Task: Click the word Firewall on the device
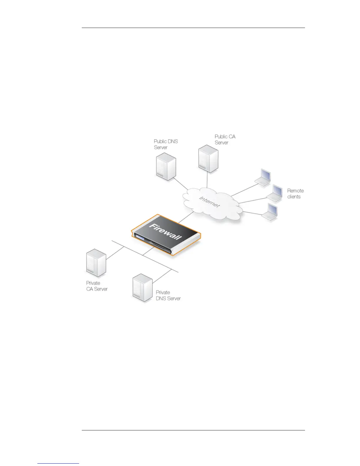click(166, 232)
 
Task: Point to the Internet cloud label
click(209, 202)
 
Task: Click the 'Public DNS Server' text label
click(166, 144)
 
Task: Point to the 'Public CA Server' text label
click(225, 139)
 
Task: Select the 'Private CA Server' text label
click(96, 286)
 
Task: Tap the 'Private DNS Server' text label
click(168, 295)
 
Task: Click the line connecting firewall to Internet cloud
click(186, 217)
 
